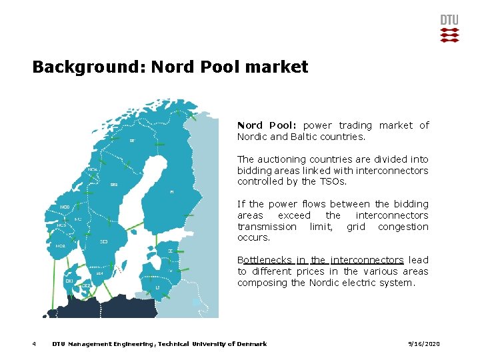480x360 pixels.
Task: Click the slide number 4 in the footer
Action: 33,344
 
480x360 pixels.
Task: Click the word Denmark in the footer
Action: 252,344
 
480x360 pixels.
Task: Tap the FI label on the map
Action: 172,192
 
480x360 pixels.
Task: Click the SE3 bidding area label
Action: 104,241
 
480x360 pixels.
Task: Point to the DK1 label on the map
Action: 69,281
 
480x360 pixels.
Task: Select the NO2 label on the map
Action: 61,246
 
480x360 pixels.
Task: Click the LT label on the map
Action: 158,288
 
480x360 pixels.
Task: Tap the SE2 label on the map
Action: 114,185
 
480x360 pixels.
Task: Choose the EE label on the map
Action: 171,251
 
